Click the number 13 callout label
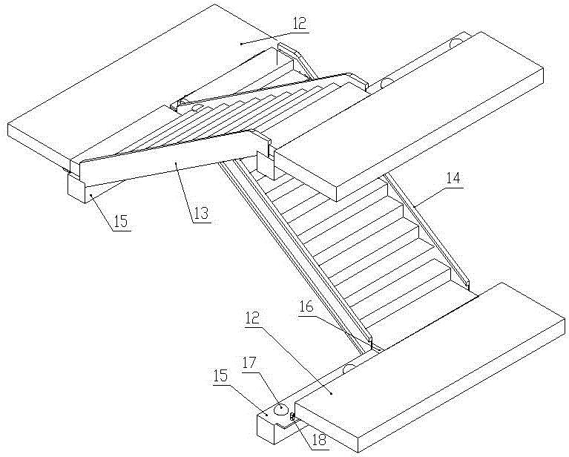click(x=201, y=214)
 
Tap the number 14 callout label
click(x=452, y=178)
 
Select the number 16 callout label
click(x=306, y=307)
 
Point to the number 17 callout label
click(x=249, y=363)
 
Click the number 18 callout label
click(x=318, y=440)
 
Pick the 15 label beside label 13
click(x=121, y=220)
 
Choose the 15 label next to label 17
click(x=220, y=375)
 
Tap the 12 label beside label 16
click(x=252, y=318)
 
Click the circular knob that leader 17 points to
click(x=280, y=410)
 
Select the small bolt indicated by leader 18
click(x=292, y=418)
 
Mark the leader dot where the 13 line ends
click(x=177, y=164)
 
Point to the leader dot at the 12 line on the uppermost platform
click(x=241, y=44)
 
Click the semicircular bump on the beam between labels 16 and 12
click(x=349, y=368)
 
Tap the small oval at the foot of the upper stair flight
click(x=197, y=107)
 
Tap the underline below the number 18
click(x=319, y=450)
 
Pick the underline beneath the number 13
click(x=201, y=223)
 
